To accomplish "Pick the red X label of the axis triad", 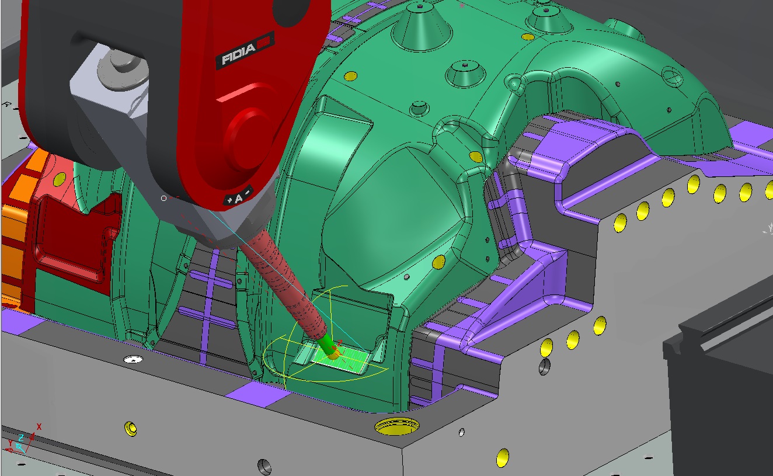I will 39,427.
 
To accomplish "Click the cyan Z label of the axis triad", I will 21,437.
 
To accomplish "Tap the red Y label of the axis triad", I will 11,444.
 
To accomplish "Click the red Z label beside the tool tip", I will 340,343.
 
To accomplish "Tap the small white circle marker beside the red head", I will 164,199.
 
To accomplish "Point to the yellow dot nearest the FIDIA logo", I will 350,76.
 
